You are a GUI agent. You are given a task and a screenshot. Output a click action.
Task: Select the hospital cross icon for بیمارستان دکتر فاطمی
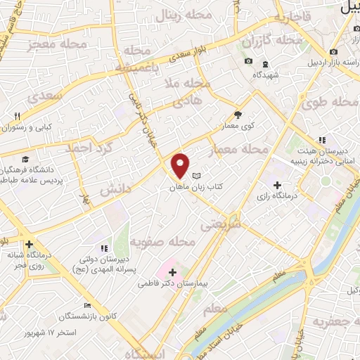pyautogui.click(x=172, y=271)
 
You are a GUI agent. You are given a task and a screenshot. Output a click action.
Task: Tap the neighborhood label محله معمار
pyautogui.click(x=244, y=150)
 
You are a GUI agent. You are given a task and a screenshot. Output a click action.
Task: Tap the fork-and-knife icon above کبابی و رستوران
pyautogui.click(x=18, y=116)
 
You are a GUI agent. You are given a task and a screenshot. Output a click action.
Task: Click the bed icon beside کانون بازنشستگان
pyautogui.click(x=86, y=305)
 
